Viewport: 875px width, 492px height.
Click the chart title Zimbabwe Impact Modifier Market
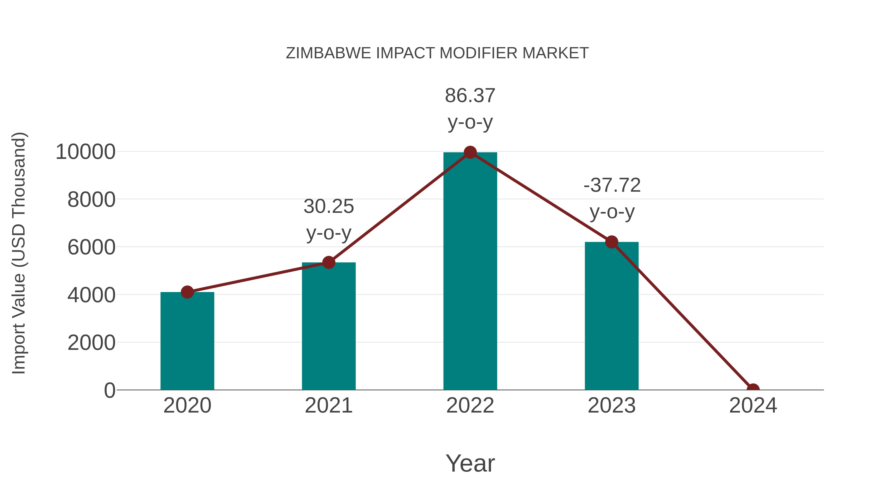(437, 53)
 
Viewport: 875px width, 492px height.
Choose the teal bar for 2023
(612, 316)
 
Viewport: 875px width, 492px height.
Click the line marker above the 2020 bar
(187, 292)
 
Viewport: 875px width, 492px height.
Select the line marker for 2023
(612, 242)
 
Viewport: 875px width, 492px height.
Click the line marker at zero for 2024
(753, 389)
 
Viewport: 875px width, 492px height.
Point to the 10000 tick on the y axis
(86, 152)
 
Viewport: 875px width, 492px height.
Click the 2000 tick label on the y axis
(91, 343)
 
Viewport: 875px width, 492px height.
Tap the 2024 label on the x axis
(753, 406)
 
